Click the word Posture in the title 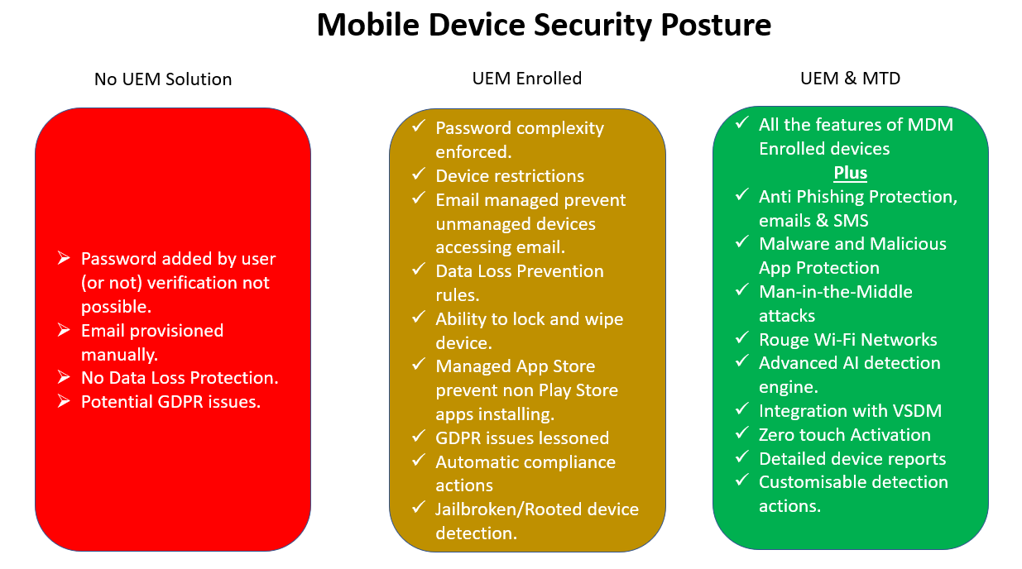[x=716, y=25]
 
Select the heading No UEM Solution [x=163, y=79]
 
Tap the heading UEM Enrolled [x=527, y=79]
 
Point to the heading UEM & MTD [x=851, y=79]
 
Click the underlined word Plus [x=851, y=173]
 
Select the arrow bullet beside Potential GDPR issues [x=64, y=401]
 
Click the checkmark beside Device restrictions [x=419, y=174]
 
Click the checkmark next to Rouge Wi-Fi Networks [x=742, y=337]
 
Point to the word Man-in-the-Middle [x=836, y=292]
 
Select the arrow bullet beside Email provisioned [x=64, y=330]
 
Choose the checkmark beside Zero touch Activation [x=742, y=433]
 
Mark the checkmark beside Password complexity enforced [x=419, y=126]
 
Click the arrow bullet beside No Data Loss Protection [x=64, y=377]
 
